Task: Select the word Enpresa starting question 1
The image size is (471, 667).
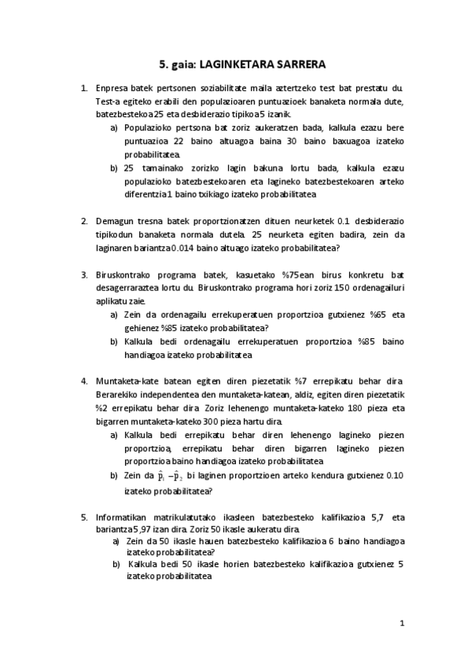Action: coord(111,89)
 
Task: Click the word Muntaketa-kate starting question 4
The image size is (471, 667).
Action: coord(127,378)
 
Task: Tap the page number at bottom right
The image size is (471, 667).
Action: coord(402,624)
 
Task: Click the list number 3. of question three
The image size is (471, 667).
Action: coord(84,275)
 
